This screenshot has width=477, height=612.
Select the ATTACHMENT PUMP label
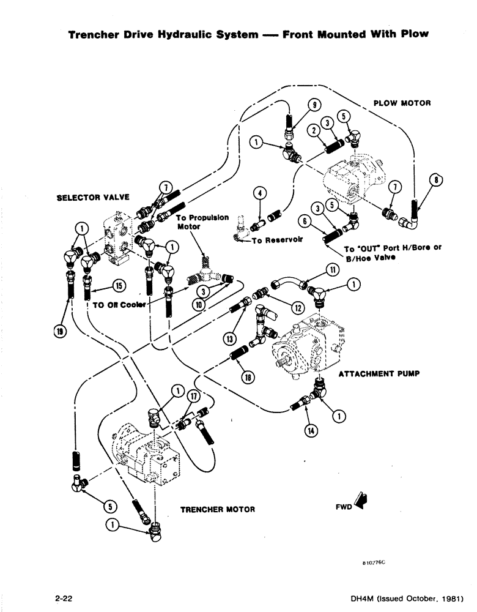[x=379, y=373]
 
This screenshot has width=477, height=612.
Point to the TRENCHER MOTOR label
[x=217, y=509]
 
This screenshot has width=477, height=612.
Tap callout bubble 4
[x=261, y=193]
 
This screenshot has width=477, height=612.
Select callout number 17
[x=193, y=395]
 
